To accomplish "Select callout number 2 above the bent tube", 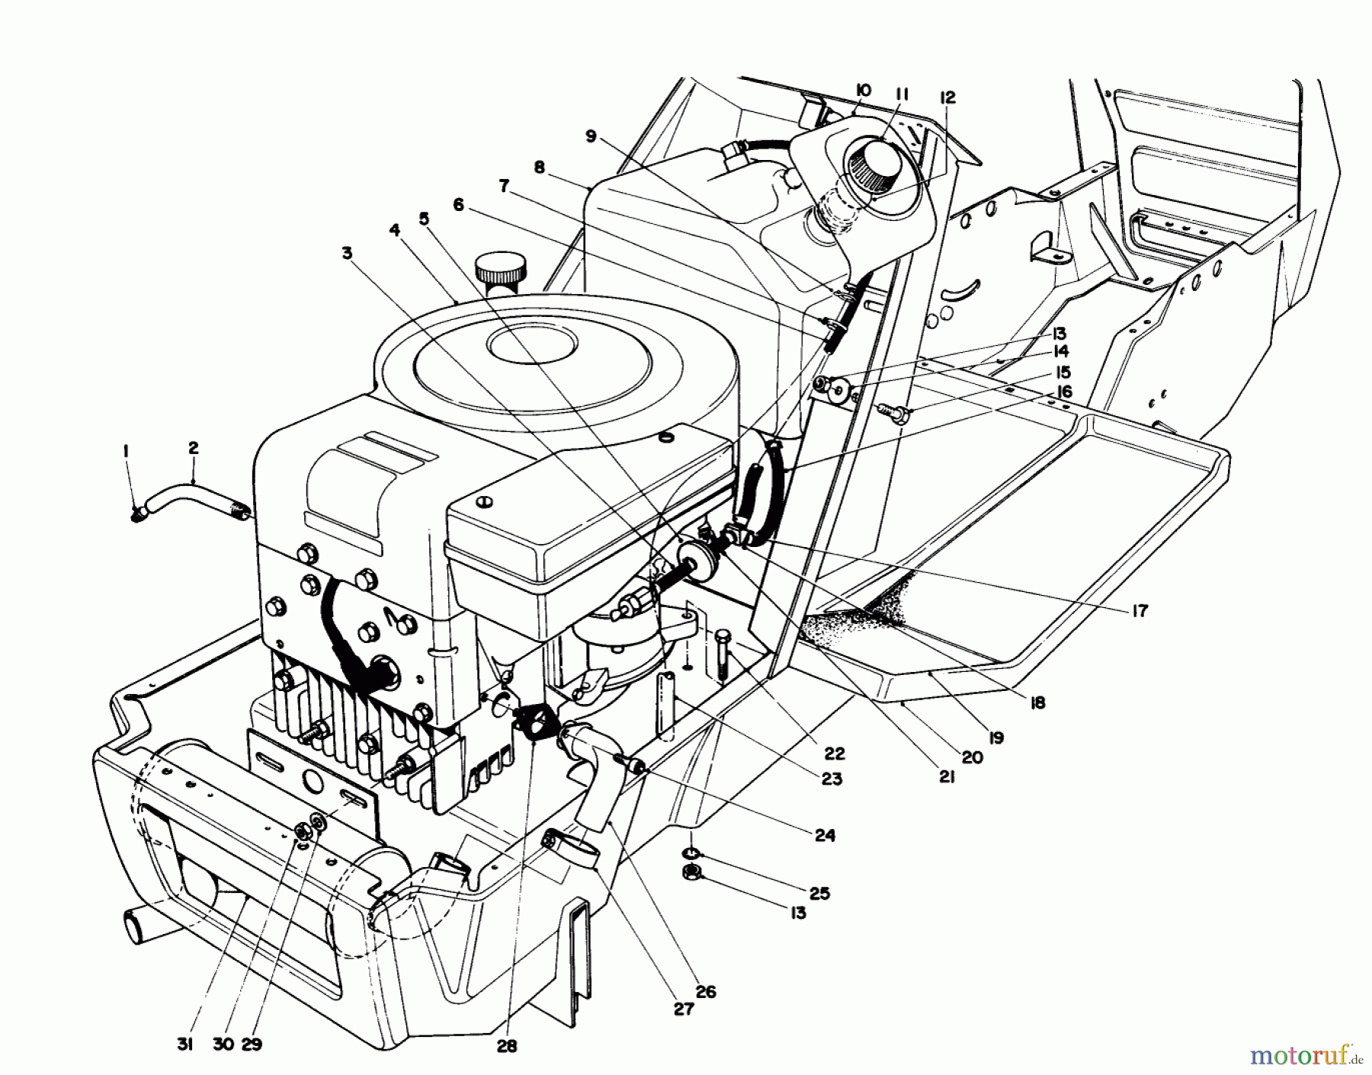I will point(193,449).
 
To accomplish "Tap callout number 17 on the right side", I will point(1140,611).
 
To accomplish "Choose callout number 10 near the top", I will point(863,91).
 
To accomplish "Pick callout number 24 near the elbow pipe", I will point(825,835).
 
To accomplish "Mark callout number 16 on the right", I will point(1064,392).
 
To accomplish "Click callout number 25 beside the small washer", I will point(819,892).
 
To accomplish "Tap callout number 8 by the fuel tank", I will point(540,168).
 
